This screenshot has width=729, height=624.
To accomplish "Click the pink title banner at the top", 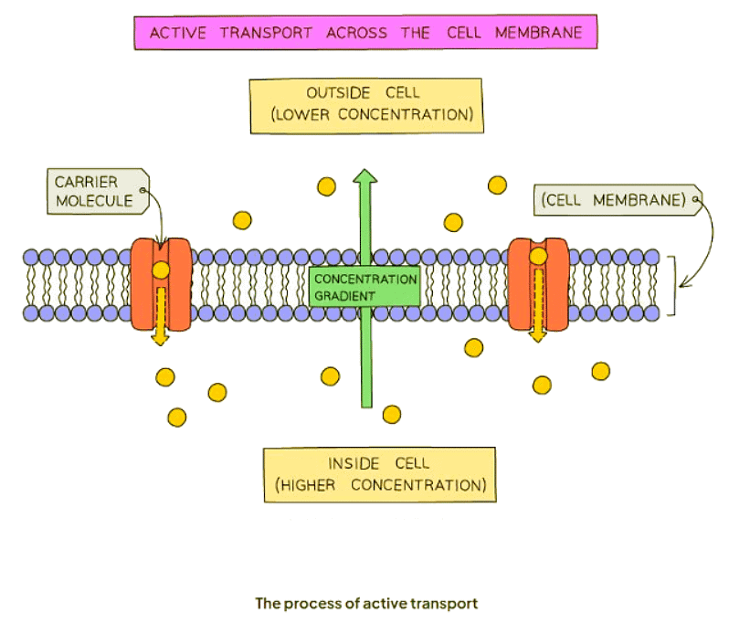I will [x=365, y=33].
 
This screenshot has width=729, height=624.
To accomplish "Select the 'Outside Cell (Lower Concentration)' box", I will [x=365, y=104].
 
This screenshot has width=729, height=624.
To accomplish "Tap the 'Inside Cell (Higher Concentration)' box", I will [x=379, y=473].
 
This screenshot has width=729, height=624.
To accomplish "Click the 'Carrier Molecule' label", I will [x=94, y=190].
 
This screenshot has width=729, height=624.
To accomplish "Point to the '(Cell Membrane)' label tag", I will [x=613, y=199].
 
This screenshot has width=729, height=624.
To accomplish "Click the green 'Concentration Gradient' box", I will [x=364, y=287].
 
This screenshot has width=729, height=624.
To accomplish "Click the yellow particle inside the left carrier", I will [x=161, y=270].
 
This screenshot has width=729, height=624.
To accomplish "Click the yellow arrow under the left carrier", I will [x=161, y=315].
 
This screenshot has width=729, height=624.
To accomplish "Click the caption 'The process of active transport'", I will [x=365, y=603].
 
